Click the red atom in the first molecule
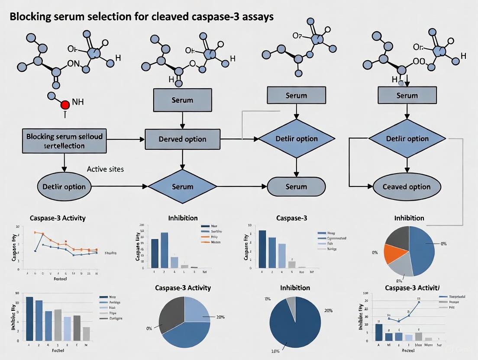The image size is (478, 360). [x=65, y=105]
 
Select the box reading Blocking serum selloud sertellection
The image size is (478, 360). [x=64, y=141]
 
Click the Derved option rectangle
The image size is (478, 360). [x=182, y=139]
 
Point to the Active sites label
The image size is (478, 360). [x=105, y=169]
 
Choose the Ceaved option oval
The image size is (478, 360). [x=407, y=187]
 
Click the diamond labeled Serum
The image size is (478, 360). [x=182, y=187]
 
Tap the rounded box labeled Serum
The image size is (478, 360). [x=296, y=187]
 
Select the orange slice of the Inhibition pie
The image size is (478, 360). [x=395, y=254]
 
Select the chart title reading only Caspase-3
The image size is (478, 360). [x=293, y=218]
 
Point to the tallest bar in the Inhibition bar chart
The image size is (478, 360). [x=164, y=250]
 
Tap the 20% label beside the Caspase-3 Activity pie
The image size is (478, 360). [x=220, y=317]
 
